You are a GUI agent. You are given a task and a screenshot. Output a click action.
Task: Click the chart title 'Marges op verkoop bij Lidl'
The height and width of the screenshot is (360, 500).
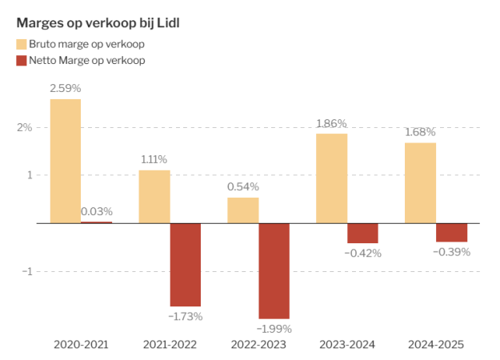(98, 22)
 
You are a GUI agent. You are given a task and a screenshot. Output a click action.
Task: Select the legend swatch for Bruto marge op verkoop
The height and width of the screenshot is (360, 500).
(22, 44)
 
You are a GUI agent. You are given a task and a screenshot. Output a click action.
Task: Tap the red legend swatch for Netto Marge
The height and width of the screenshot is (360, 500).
(22, 60)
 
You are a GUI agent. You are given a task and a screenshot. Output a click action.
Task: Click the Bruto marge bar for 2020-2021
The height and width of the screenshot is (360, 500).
(66, 161)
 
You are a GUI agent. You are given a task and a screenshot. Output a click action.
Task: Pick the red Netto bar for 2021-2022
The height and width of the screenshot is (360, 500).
(186, 264)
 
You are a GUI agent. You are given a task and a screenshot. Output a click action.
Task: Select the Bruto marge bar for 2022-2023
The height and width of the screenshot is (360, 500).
(243, 210)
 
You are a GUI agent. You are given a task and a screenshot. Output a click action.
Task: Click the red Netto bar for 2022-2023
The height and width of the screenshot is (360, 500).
(274, 270)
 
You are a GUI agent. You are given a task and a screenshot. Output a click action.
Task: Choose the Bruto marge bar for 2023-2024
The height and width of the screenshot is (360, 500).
(331, 178)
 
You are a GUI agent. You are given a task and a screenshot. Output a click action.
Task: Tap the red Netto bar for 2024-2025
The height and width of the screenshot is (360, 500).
(451, 232)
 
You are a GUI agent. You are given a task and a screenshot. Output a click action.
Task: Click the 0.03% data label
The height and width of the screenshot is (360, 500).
(97, 212)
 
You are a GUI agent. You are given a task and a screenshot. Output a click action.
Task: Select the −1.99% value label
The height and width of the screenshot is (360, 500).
(274, 329)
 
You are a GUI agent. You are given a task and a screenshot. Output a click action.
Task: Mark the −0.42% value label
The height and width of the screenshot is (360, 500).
(363, 254)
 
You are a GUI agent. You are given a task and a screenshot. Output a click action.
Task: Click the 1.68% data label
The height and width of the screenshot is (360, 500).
(420, 132)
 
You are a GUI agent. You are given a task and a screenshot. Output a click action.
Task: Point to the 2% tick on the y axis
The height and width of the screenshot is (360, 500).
(25, 127)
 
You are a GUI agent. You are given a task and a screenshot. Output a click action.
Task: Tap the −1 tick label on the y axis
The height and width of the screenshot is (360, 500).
(25, 271)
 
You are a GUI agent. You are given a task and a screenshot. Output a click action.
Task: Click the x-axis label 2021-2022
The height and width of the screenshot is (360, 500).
(169, 345)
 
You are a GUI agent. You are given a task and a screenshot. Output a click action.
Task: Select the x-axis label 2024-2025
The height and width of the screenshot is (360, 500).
(435, 345)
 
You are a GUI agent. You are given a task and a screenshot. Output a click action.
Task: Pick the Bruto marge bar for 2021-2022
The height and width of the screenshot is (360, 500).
(154, 196)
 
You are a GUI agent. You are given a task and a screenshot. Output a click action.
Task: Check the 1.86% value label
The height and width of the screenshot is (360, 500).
(331, 123)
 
